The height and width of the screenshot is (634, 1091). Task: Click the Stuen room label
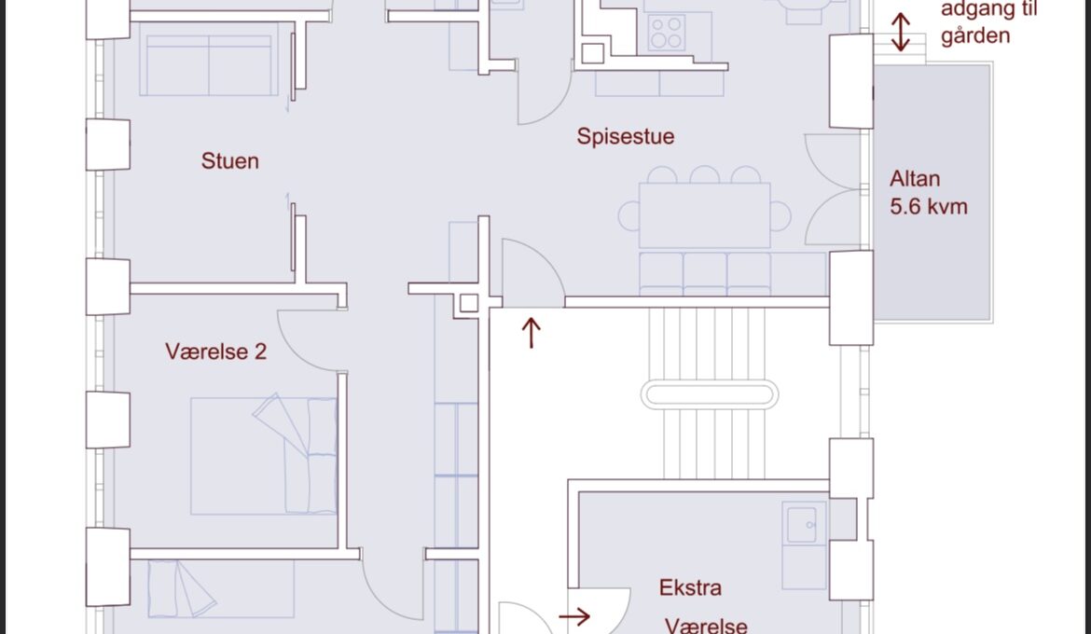pos(229,160)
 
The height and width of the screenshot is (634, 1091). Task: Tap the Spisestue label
pos(625,136)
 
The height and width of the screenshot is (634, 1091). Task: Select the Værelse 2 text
pos(215,351)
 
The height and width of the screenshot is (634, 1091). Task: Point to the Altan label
pos(914,179)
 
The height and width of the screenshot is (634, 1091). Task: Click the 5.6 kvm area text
pos(928,207)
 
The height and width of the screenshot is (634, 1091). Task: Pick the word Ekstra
pos(690,587)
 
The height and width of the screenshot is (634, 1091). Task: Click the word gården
pos(975,36)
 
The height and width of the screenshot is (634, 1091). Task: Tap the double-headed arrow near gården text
pos(901,32)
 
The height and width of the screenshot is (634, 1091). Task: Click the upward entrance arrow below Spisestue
pos(531,333)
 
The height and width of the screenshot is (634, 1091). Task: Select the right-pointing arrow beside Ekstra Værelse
pos(574,616)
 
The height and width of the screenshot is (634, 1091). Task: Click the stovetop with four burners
pos(666,33)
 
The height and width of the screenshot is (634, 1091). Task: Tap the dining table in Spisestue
pos(704,215)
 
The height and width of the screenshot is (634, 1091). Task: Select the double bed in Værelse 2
pos(264,456)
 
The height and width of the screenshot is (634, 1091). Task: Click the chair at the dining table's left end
pos(629,215)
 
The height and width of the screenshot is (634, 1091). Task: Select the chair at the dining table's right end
pos(780,215)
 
